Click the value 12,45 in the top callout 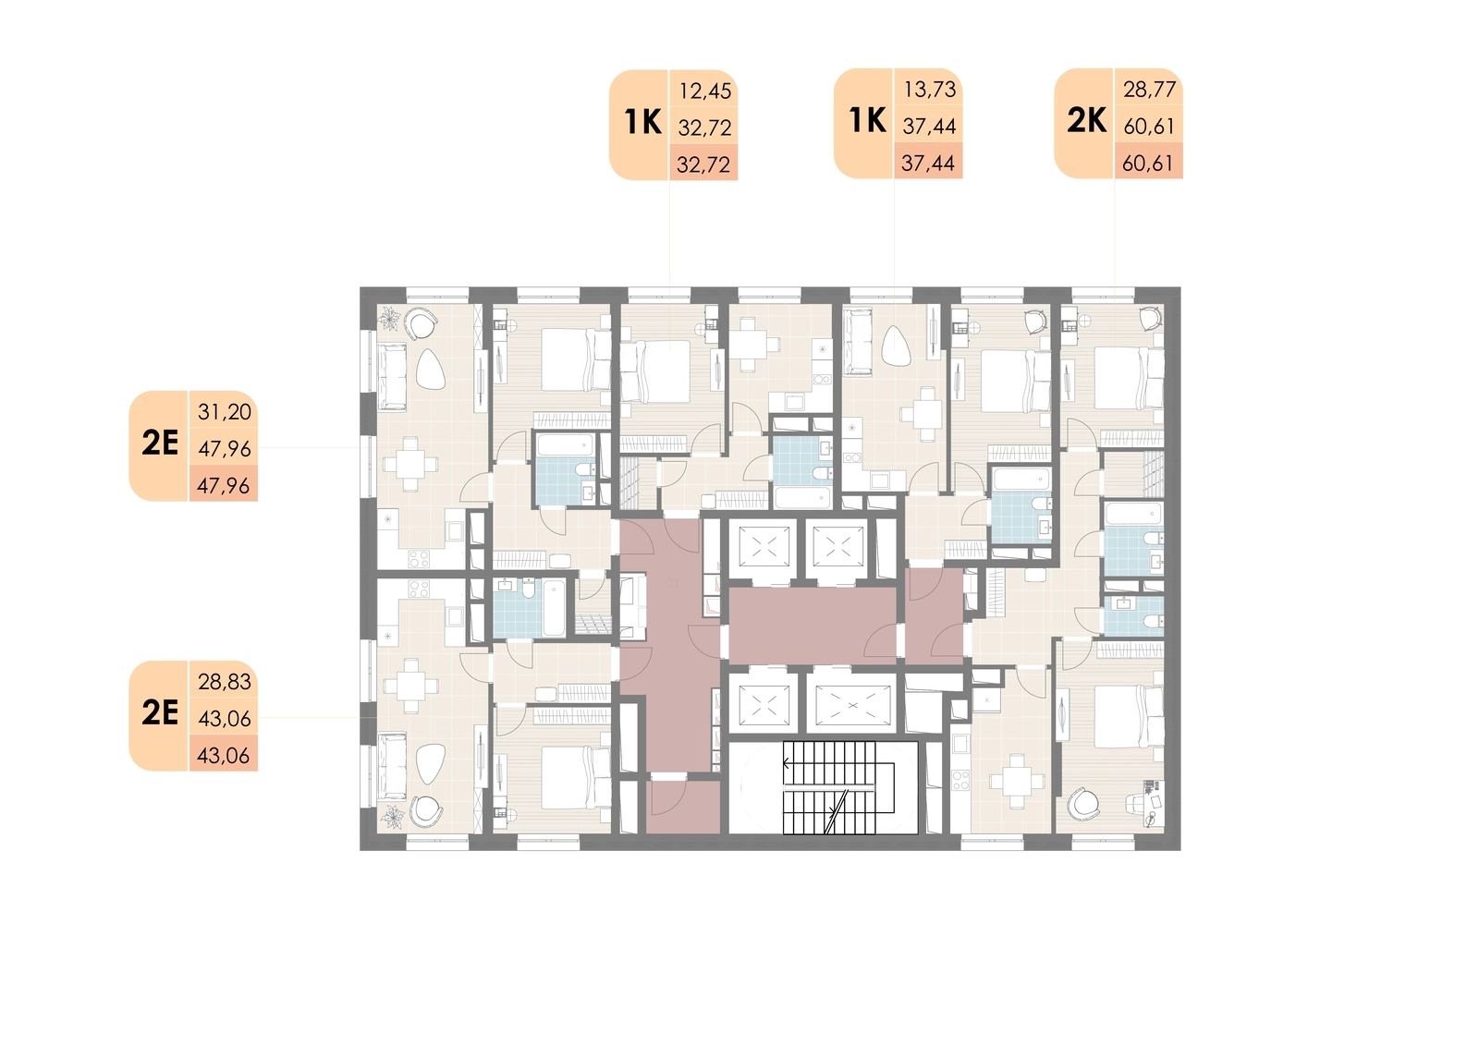pos(705,91)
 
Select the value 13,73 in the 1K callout pos(930,89)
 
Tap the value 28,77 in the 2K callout pos(1150,89)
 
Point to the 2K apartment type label pos(1087,121)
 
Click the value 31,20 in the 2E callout pos(225,412)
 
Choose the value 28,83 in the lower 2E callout pos(225,681)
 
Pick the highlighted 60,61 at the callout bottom pos(1148,163)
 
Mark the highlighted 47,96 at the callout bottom pos(223,486)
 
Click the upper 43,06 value pos(225,718)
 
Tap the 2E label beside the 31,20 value pos(161,443)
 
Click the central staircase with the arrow pos(837,787)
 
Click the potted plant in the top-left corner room pos(389,320)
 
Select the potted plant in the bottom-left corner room pos(394,817)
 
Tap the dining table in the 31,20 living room pos(410,464)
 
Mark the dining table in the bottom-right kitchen pos(1017,782)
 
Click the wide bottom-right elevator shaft pos(852,705)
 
